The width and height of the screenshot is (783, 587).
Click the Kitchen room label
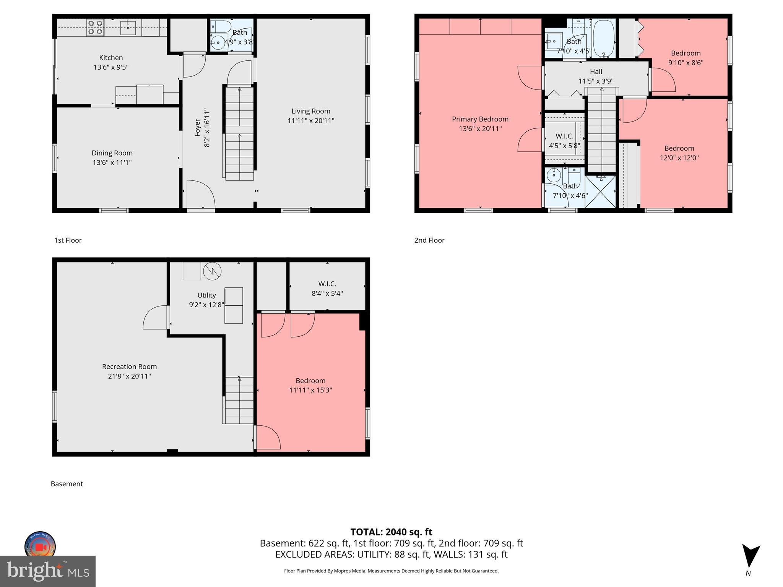click(111, 58)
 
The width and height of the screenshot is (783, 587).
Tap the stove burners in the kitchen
click(95, 28)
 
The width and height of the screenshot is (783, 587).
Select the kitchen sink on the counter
click(128, 28)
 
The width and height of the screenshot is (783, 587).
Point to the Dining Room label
click(112, 153)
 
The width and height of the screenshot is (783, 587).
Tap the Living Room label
click(310, 111)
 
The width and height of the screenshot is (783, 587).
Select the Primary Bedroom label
click(480, 119)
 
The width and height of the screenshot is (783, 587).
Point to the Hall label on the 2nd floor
click(596, 71)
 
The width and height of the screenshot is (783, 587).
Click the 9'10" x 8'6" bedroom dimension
click(686, 63)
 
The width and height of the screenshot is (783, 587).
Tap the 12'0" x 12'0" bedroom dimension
click(679, 157)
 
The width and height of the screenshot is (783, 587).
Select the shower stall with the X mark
click(600, 191)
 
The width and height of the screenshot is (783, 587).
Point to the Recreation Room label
click(129, 366)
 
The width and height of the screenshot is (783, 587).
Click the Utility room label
click(206, 295)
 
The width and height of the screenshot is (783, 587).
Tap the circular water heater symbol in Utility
click(212, 271)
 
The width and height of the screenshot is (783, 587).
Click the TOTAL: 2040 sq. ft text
click(391, 532)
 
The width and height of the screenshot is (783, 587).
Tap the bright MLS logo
click(48, 571)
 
